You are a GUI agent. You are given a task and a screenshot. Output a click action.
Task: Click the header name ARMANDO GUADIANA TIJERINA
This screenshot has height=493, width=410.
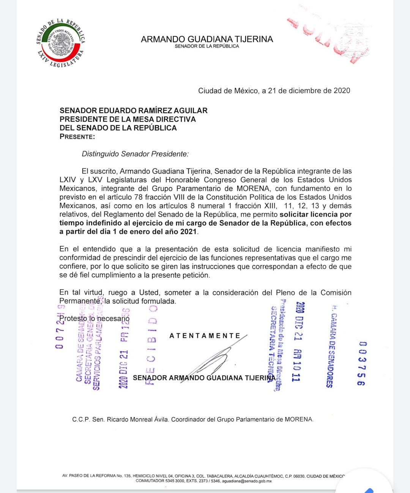pyautogui.click(x=207, y=39)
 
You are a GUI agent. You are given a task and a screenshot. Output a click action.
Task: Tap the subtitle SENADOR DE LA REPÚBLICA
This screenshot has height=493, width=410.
pyautogui.click(x=207, y=46)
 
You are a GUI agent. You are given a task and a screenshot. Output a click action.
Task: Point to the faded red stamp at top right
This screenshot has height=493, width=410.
pyautogui.click(x=330, y=38)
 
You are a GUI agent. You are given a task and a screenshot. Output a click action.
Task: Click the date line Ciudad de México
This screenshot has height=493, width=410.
pyautogui.click(x=274, y=91)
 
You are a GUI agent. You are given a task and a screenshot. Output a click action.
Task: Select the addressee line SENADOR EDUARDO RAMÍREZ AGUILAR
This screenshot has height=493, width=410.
pyautogui.click(x=134, y=111)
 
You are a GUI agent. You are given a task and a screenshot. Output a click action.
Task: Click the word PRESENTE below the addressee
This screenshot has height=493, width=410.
pyautogui.click(x=77, y=137)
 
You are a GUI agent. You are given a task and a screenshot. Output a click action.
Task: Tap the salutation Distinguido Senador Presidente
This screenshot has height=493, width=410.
pyautogui.click(x=135, y=154)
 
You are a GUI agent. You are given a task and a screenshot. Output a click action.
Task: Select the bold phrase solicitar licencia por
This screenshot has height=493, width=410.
pyautogui.click(x=315, y=214)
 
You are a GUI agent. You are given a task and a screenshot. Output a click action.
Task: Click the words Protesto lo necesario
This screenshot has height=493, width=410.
pyautogui.click(x=95, y=318)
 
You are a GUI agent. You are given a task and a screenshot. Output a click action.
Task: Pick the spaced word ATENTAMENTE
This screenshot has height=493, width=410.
pyautogui.click(x=205, y=336)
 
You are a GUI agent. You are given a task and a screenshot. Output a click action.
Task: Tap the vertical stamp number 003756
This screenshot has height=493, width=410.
pyautogui.click(x=362, y=363)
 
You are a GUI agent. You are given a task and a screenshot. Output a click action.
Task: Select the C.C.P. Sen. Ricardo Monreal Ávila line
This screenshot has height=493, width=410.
pyautogui.click(x=193, y=419)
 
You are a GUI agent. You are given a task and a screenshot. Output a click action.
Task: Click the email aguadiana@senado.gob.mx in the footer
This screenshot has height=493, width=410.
pyautogui.click(x=247, y=481)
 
